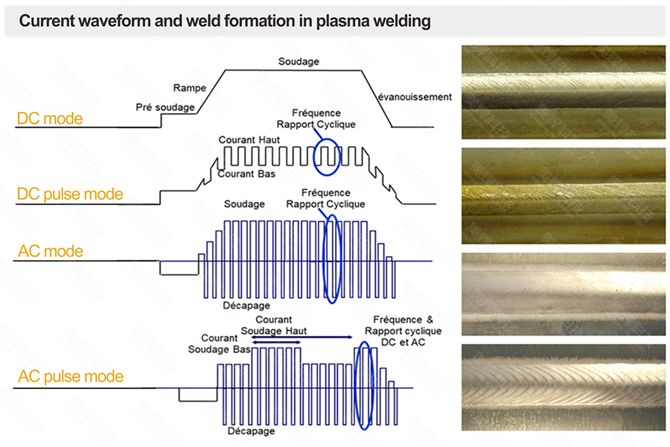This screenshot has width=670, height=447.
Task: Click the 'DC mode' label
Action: point(50,118)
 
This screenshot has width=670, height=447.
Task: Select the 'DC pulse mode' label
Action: point(69,194)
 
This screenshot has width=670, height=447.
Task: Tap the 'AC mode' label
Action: point(51,251)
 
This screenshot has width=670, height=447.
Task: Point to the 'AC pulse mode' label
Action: point(70,377)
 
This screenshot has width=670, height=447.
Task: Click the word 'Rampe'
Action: point(189,88)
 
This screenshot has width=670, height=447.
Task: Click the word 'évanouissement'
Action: point(415,97)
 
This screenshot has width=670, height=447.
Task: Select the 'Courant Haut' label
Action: point(249,139)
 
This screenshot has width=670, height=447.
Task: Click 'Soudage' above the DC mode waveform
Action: point(299,61)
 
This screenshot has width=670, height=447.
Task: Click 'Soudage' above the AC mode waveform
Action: point(244,204)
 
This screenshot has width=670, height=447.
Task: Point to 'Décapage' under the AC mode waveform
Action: point(246,305)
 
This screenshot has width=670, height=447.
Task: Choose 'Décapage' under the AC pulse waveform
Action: point(251,431)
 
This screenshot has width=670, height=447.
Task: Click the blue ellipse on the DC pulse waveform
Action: point(328,154)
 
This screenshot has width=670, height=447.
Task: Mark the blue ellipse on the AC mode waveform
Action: point(332,259)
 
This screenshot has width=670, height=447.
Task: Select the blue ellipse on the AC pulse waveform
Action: point(363,385)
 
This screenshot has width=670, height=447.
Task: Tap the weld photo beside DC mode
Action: point(564,92)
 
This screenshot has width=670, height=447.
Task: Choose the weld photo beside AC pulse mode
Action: point(564,387)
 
